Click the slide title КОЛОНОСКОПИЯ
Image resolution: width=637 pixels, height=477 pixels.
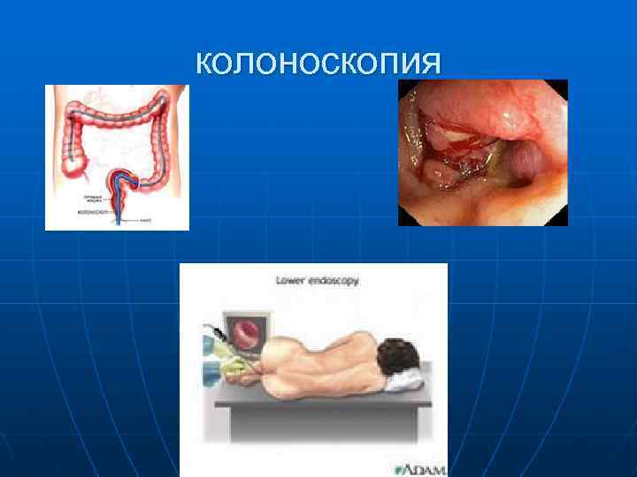tap(318, 64)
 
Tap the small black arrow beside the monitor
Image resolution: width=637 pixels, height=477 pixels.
tap(213, 328)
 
